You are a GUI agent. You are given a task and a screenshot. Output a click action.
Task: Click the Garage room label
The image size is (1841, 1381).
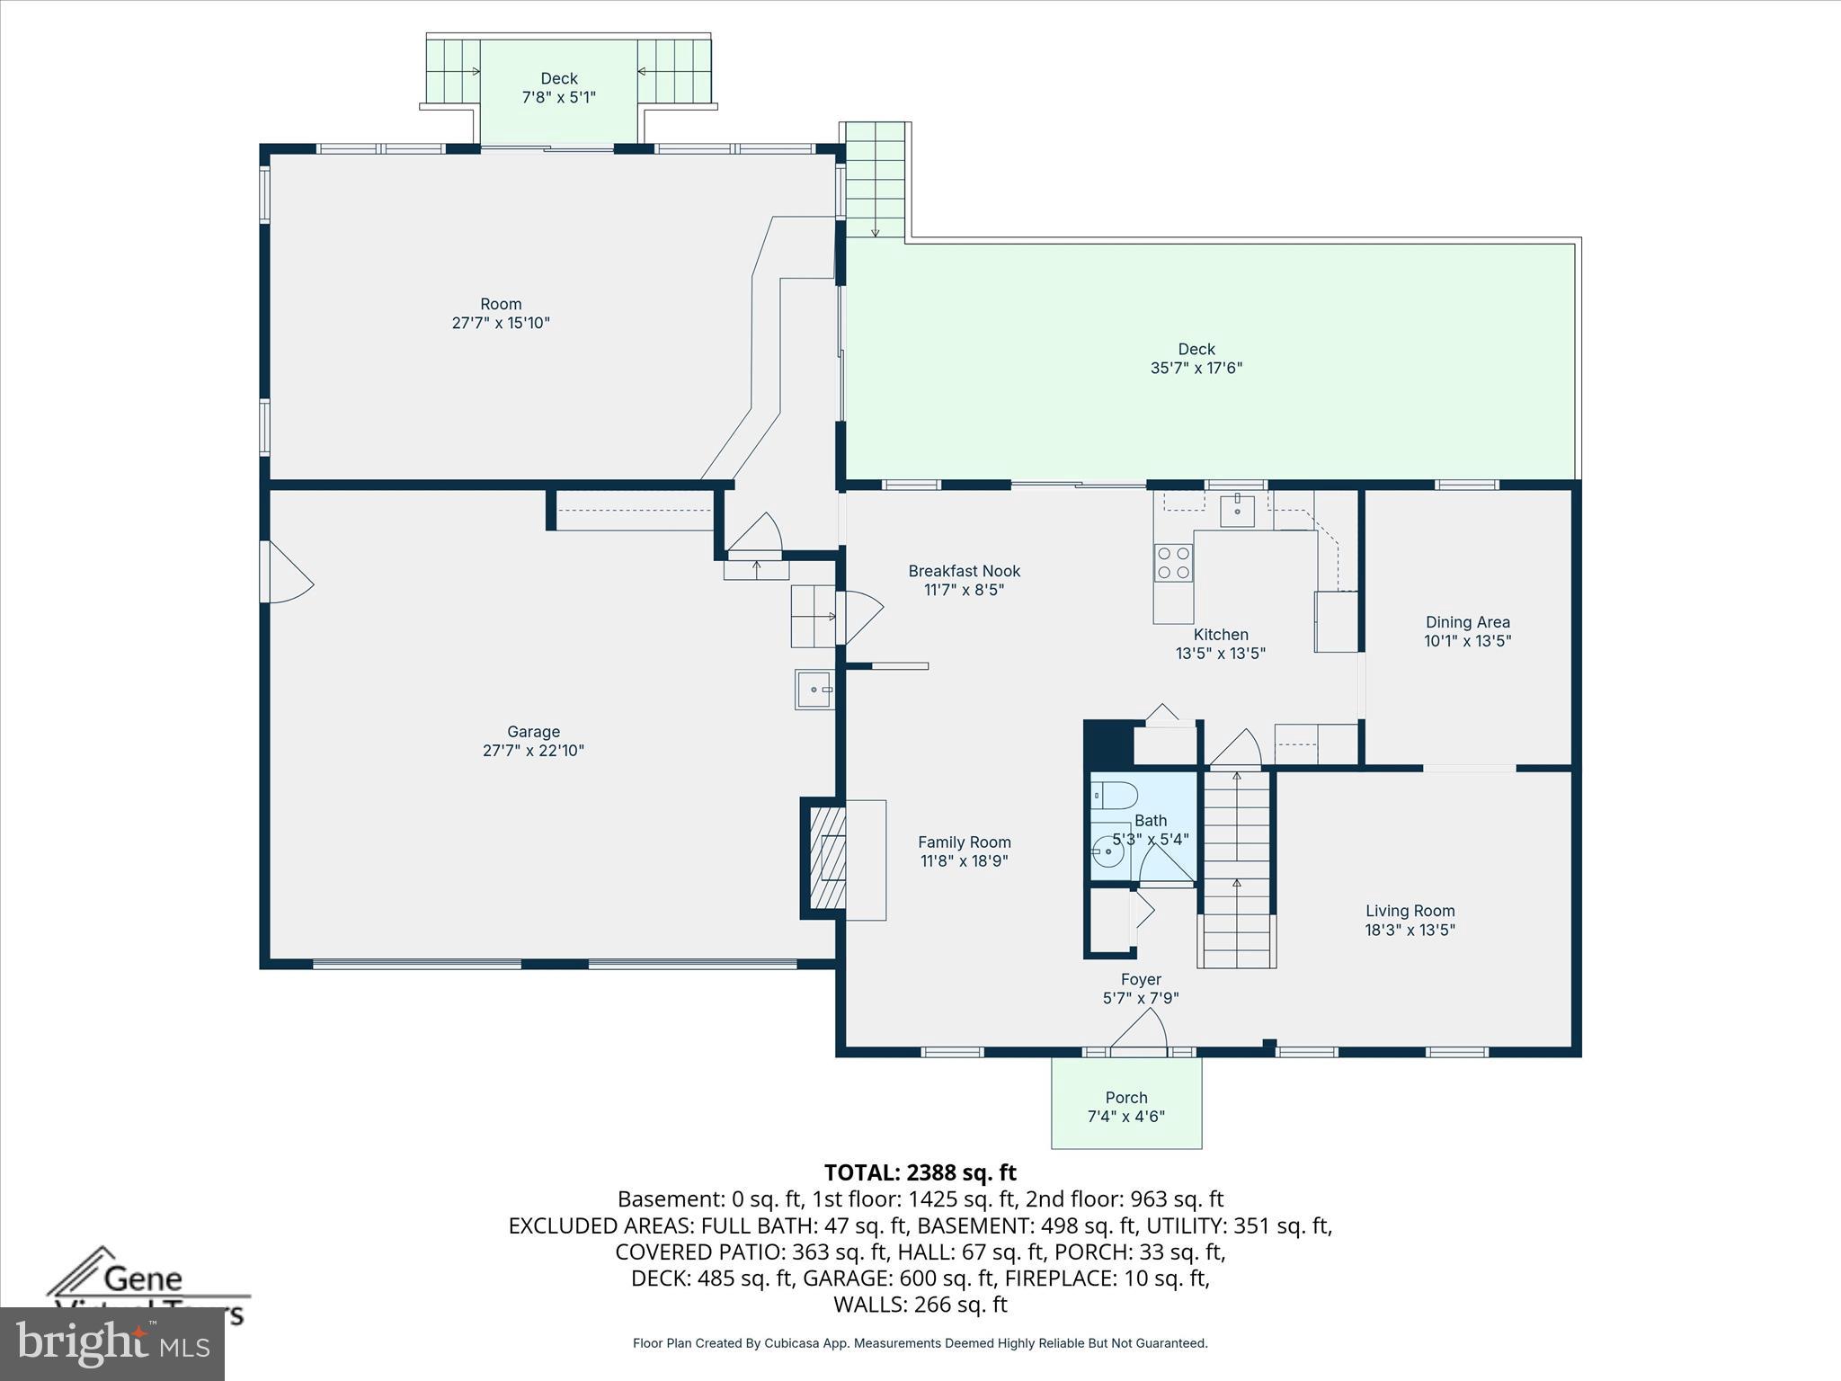tap(533, 733)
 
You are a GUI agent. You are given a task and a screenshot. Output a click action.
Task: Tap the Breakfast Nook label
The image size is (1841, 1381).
tap(964, 572)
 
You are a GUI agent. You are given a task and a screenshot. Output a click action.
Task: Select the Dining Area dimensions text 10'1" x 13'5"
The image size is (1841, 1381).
tap(1467, 642)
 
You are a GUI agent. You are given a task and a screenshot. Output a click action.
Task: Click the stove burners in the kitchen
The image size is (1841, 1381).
tap(1173, 563)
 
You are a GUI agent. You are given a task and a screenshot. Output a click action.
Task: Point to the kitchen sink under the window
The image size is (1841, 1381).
tap(1237, 511)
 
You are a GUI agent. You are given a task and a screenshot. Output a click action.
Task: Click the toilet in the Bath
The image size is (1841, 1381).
tap(1115, 796)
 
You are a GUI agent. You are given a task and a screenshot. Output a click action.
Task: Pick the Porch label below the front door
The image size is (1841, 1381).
tap(1126, 1098)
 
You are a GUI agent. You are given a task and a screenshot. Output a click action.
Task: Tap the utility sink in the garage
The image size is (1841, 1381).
tap(814, 690)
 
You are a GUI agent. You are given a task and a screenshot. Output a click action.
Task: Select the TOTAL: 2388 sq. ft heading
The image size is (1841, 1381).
tap(920, 1172)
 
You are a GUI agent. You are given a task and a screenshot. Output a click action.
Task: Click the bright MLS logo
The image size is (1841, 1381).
tap(112, 1343)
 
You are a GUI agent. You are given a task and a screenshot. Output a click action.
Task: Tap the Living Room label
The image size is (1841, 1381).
tap(1410, 911)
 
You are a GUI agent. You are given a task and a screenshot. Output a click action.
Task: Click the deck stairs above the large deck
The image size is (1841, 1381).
tap(875, 180)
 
